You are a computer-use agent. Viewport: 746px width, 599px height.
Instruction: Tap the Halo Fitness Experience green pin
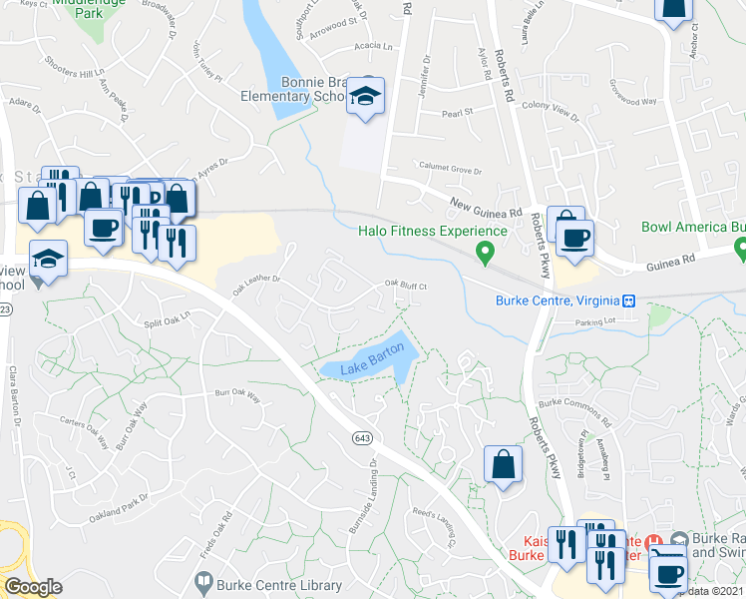[486, 252]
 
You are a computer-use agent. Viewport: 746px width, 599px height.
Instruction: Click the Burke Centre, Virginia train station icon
[629, 300]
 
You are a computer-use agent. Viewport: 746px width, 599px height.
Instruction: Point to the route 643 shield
[361, 437]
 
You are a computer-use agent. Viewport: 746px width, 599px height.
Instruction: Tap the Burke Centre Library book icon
[203, 580]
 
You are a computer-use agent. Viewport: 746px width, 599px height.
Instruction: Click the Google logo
[33, 587]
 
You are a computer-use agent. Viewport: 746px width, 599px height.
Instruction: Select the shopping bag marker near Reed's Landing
[503, 465]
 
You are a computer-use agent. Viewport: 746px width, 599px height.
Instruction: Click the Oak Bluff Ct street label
[406, 286]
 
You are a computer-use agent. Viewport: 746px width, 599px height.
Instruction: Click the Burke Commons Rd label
[573, 403]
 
